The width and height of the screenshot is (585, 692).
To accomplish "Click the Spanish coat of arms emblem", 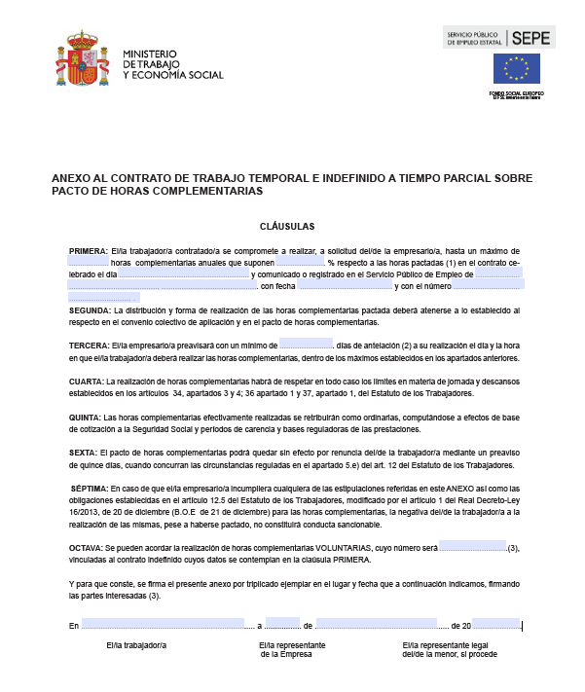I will [88, 60].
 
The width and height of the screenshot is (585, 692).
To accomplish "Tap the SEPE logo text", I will [531, 39].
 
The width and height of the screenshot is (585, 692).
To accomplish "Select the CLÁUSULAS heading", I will [293, 225].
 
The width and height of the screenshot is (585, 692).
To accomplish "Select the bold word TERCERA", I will [90, 346].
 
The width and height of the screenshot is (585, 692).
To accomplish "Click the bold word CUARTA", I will [86, 382].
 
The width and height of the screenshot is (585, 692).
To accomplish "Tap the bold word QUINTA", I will [85, 418].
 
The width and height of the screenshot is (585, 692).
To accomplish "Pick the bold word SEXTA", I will [83, 453].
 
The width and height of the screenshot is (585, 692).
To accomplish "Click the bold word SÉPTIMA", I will [90, 489].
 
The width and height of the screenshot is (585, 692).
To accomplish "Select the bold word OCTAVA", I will [87, 548].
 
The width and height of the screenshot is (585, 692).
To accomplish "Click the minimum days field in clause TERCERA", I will [306, 345].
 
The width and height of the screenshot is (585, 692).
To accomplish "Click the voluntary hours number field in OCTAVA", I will [472, 548].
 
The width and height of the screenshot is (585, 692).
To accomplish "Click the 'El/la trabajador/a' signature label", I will [136, 645].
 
